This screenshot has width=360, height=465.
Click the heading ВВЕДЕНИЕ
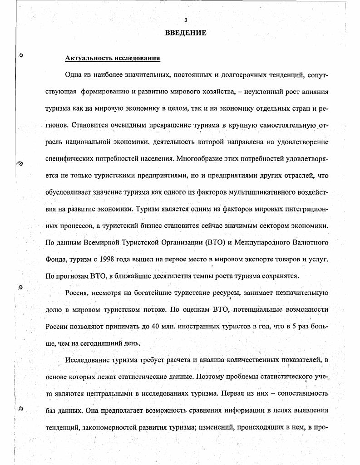click(x=185, y=33)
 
